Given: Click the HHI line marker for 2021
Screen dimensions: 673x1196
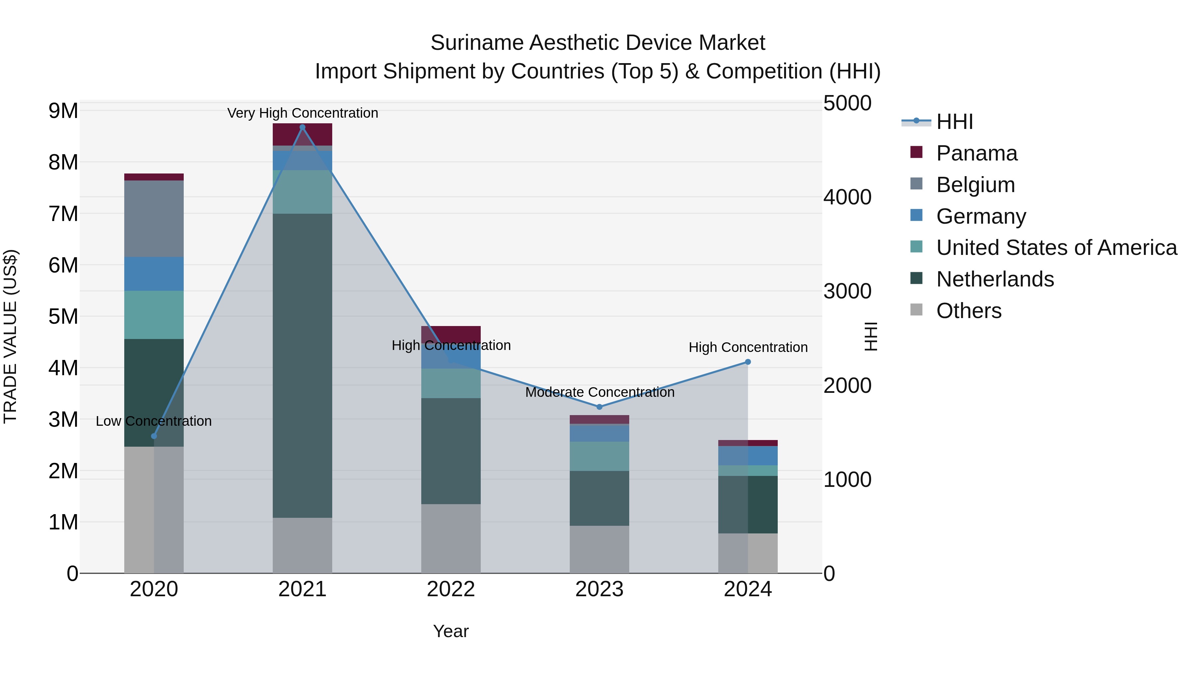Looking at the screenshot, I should (x=302, y=127).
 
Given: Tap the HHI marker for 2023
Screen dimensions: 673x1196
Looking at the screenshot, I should (x=599, y=407).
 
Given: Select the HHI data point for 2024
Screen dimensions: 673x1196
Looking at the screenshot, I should (x=747, y=362).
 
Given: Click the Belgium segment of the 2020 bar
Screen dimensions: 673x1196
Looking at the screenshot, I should (x=154, y=218).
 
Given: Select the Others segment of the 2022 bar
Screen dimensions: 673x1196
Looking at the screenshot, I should (x=450, y=538).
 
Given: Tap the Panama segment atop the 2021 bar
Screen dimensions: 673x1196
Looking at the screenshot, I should (x=302, y=134).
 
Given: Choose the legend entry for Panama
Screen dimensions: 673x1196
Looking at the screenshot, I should (x=976, y=153).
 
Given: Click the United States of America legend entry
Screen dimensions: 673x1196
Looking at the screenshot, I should (x=1056, y=248).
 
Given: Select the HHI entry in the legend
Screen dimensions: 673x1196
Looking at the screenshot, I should (x=954, y=122).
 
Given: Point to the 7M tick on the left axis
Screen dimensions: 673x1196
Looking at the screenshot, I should (x=63, y=214).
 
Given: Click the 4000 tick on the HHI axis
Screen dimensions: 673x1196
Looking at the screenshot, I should (x=847, y=197).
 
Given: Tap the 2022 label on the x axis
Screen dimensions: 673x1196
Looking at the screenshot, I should (x=450, y=589).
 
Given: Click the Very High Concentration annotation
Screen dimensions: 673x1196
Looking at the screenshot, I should (x=302, y=113).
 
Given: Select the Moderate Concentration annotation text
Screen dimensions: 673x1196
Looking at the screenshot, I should (x=599, y=392).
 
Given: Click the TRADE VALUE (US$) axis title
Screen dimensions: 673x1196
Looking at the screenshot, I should (x=10, y=336).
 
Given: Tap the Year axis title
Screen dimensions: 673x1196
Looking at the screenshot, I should (x=450, y=631).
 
